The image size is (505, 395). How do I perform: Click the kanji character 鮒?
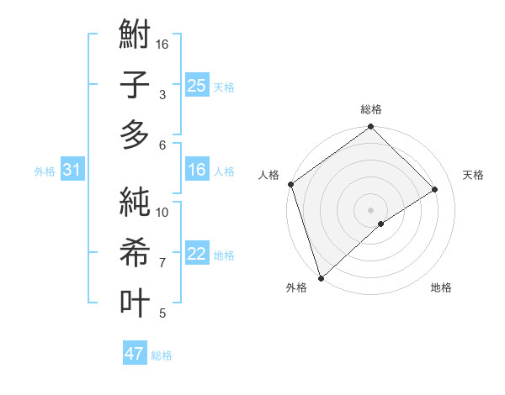135,36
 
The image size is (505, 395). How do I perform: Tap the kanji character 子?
135,85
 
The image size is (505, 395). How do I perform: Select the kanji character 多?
135,134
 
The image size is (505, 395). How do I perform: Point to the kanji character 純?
135,204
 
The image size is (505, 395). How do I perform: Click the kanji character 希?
135,253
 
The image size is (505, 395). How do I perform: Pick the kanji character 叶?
135,302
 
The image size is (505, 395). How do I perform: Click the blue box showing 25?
197,85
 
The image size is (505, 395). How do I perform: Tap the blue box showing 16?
197,170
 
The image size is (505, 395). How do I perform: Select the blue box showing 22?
197,254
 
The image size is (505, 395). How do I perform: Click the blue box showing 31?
72,170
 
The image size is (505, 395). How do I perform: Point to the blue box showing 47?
135,354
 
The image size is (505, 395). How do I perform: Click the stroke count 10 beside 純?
163,213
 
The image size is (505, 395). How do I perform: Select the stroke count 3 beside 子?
162,95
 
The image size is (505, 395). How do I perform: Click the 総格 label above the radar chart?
371,109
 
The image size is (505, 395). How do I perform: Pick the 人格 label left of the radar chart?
269,175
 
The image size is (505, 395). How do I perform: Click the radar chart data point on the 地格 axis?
381,224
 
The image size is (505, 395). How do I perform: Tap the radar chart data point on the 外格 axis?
320,276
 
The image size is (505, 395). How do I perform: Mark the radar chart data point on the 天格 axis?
435,190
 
